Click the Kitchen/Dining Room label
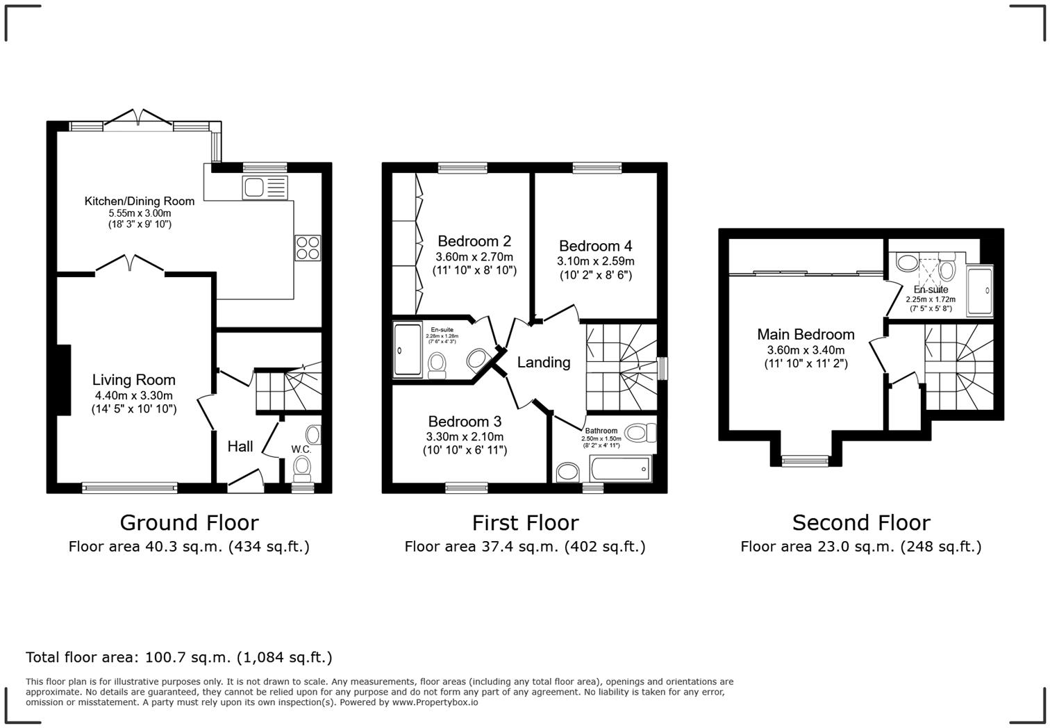[x=139, y=201]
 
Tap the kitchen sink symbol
[x=265, y=188]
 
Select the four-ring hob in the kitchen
[x=308, y=248]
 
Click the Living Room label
[x=133, y=380]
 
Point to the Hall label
[x=240, y=447]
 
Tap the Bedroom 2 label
[x=474, y=241]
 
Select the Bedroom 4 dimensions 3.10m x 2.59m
[x=595, y=261]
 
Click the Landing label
[x=544, y=362]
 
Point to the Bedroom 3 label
[x=465, y=422]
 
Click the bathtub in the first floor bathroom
[x=621, y=470]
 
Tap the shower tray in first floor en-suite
[x=408, y=351]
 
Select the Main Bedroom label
[x=806, y=334]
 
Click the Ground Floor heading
[x=189, y=522]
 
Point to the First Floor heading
[x=525, y=522]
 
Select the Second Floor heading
[x=861, y=522]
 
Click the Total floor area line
[x=179, y=657]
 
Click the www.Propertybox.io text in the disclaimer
[x=435, y=702]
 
